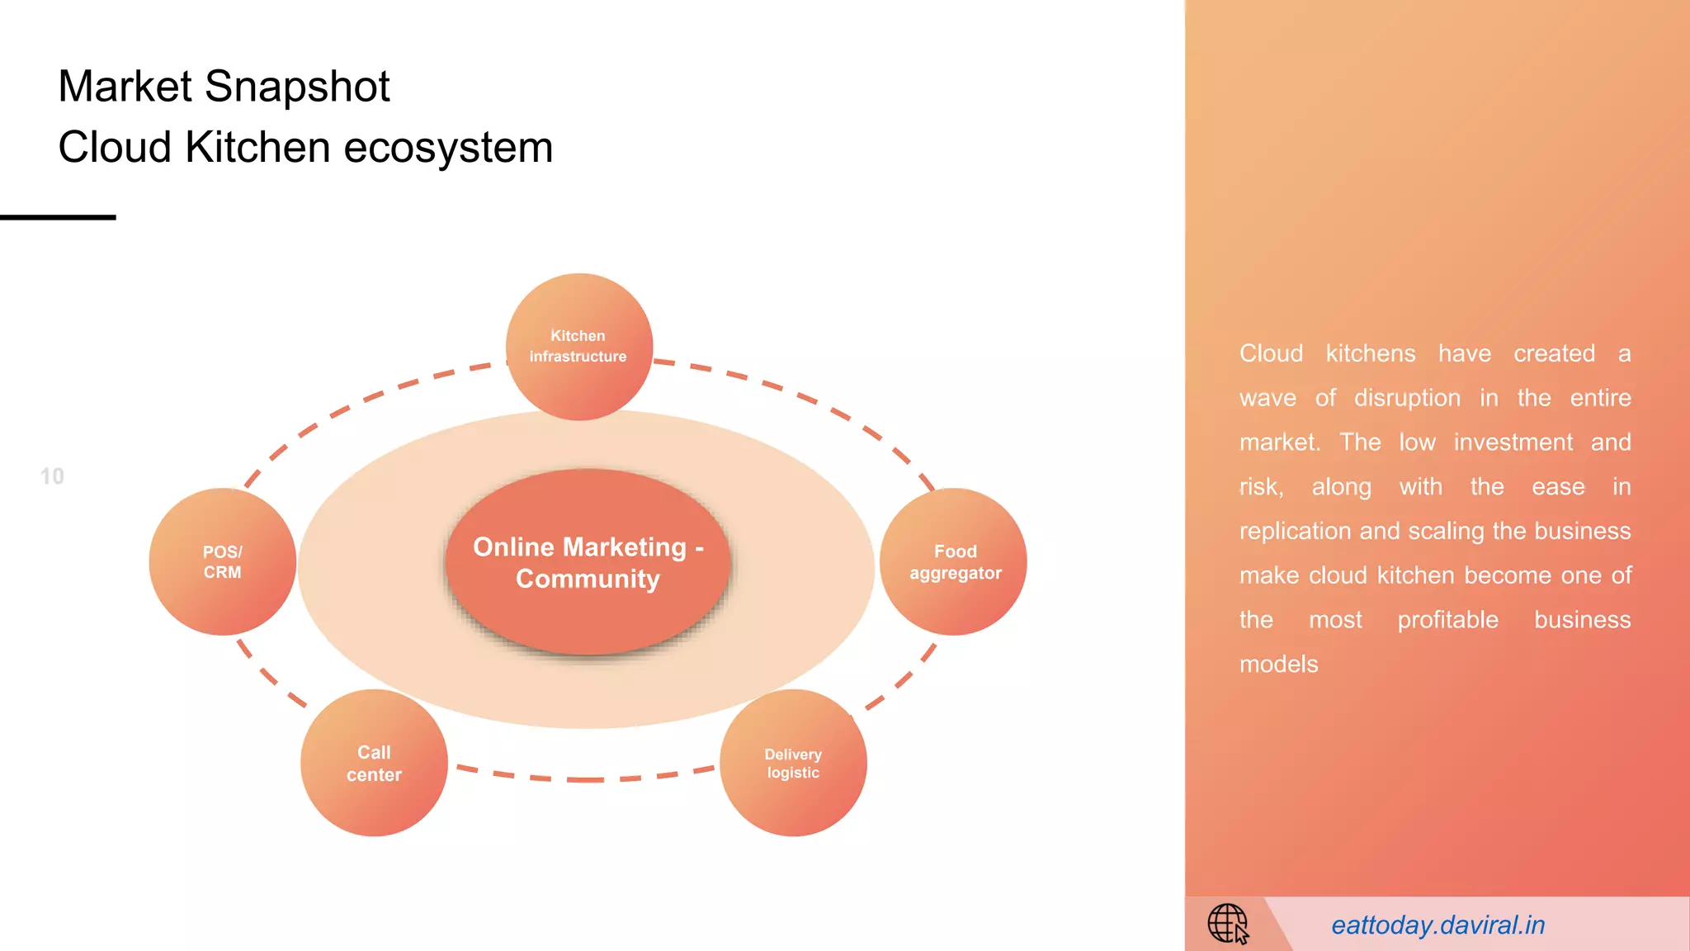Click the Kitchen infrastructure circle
coord(579,347)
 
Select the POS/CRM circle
coord(222,561)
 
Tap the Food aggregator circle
coord(954,561)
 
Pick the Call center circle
coord(374,763)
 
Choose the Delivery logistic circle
coord(793,763)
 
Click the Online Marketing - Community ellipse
coord(588,562)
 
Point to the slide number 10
coord(52,476)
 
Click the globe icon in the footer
coord(1228,923)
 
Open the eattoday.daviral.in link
coord(1437,925)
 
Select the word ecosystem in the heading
coord(447,148)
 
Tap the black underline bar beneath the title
coord(58,217)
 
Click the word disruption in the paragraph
coord(1406,398)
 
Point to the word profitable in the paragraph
coord(1447,620)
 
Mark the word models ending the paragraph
coord(1278,665)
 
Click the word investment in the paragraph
coord(1513,442)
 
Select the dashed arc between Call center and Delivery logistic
coord(586,778)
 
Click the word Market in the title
coord(125,87)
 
